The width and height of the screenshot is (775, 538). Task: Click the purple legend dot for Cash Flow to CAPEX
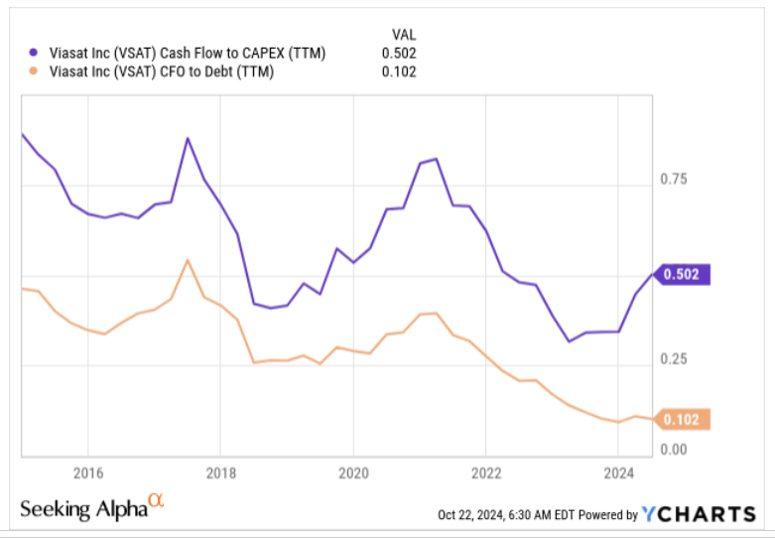[34, 53]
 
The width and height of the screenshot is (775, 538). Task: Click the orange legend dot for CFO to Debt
[34, 71]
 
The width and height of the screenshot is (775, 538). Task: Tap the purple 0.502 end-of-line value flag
[685, 275]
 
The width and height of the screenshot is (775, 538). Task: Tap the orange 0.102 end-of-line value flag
[685, 420]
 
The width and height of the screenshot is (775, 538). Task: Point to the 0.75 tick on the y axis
[675, 180]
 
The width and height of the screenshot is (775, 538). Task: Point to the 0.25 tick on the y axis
[675, 358]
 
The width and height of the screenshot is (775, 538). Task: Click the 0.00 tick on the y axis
[675, 449]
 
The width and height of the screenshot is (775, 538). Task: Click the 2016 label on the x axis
[88, 471]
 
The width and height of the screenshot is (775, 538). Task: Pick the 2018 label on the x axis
[220, 471]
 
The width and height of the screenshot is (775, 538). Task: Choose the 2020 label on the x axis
[353, 471]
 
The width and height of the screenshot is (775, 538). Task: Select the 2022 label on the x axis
[486, 471]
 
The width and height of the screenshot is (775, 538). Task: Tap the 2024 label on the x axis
[618, 471]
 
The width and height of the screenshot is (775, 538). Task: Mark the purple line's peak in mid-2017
[188, 138]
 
